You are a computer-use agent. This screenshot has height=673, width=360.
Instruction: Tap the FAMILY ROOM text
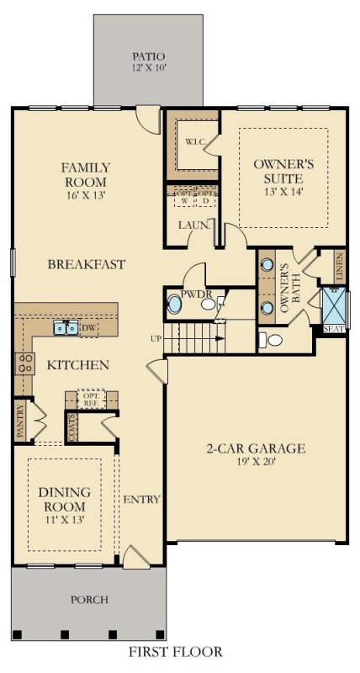[85, 174]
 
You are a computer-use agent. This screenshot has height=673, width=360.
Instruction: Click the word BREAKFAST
[86, 264]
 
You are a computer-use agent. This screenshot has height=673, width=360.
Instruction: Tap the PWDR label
[195, 294]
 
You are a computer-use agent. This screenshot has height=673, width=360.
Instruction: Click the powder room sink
[175, 303]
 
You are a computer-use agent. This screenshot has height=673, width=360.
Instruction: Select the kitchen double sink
[66, 327]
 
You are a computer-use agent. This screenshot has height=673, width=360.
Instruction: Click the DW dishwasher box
[89, 328]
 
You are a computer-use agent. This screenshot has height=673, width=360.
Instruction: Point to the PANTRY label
[20, 420]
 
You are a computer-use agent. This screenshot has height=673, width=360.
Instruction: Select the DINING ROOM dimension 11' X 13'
[65, 521]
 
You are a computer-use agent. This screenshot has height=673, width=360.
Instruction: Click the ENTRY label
[141, 500]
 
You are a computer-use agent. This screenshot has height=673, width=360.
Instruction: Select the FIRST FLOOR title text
[176, 651]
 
